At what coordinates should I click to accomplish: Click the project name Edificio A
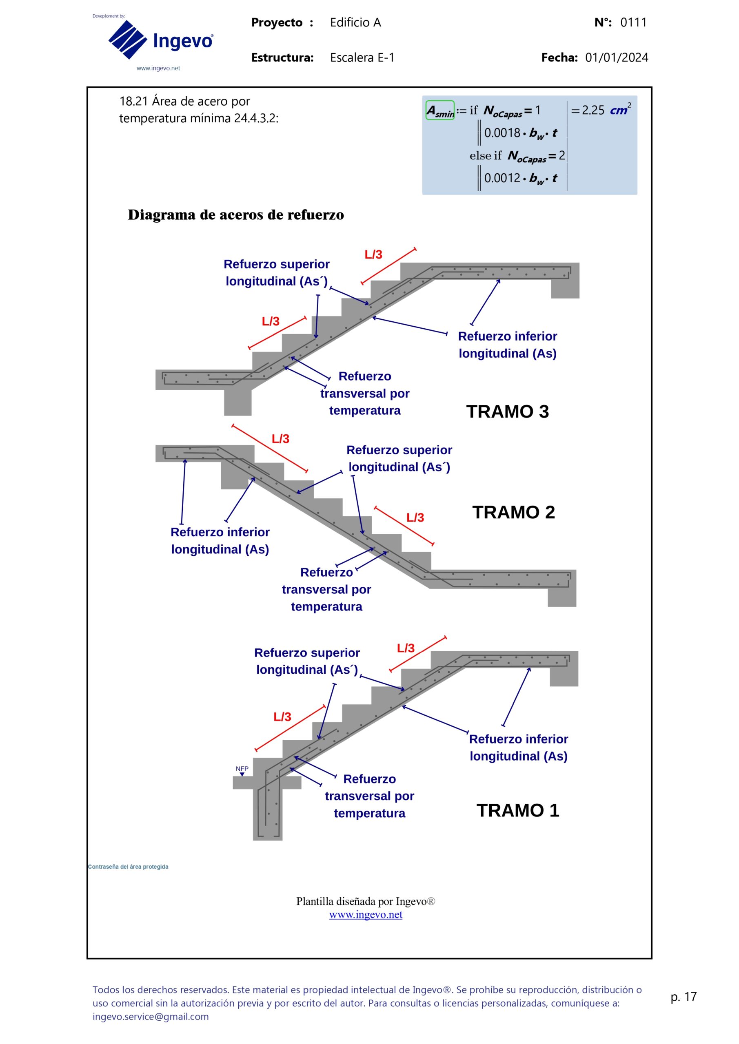(x=355, y=22)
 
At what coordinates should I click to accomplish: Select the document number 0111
(x=633, y=22)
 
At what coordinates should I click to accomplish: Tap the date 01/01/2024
(x=616, y=58)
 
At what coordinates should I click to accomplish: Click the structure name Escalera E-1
(x=362, y=58)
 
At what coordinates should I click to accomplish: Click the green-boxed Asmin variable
(x=439, y=111)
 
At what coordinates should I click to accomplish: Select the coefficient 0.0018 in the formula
(x=502, y=133)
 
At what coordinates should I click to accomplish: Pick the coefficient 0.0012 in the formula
(x=502, y=178)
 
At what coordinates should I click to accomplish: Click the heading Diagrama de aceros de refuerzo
(x=236, y=215)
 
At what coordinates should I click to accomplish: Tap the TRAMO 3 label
(x=507, y=411)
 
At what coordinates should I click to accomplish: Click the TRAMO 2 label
(x=513, y=513)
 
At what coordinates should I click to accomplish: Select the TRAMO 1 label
(x=517, y=810)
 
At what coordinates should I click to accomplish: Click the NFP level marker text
(x=242, y=768)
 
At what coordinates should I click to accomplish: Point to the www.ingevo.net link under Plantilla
(x=365, y=914)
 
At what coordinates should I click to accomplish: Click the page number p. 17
(x=684, y=996)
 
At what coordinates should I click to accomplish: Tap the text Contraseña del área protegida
(x=128, y=867)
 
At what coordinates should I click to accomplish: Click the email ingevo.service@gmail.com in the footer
(x=151, y=1016)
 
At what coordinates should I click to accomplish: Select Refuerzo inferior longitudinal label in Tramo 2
(x=220, y=541)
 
